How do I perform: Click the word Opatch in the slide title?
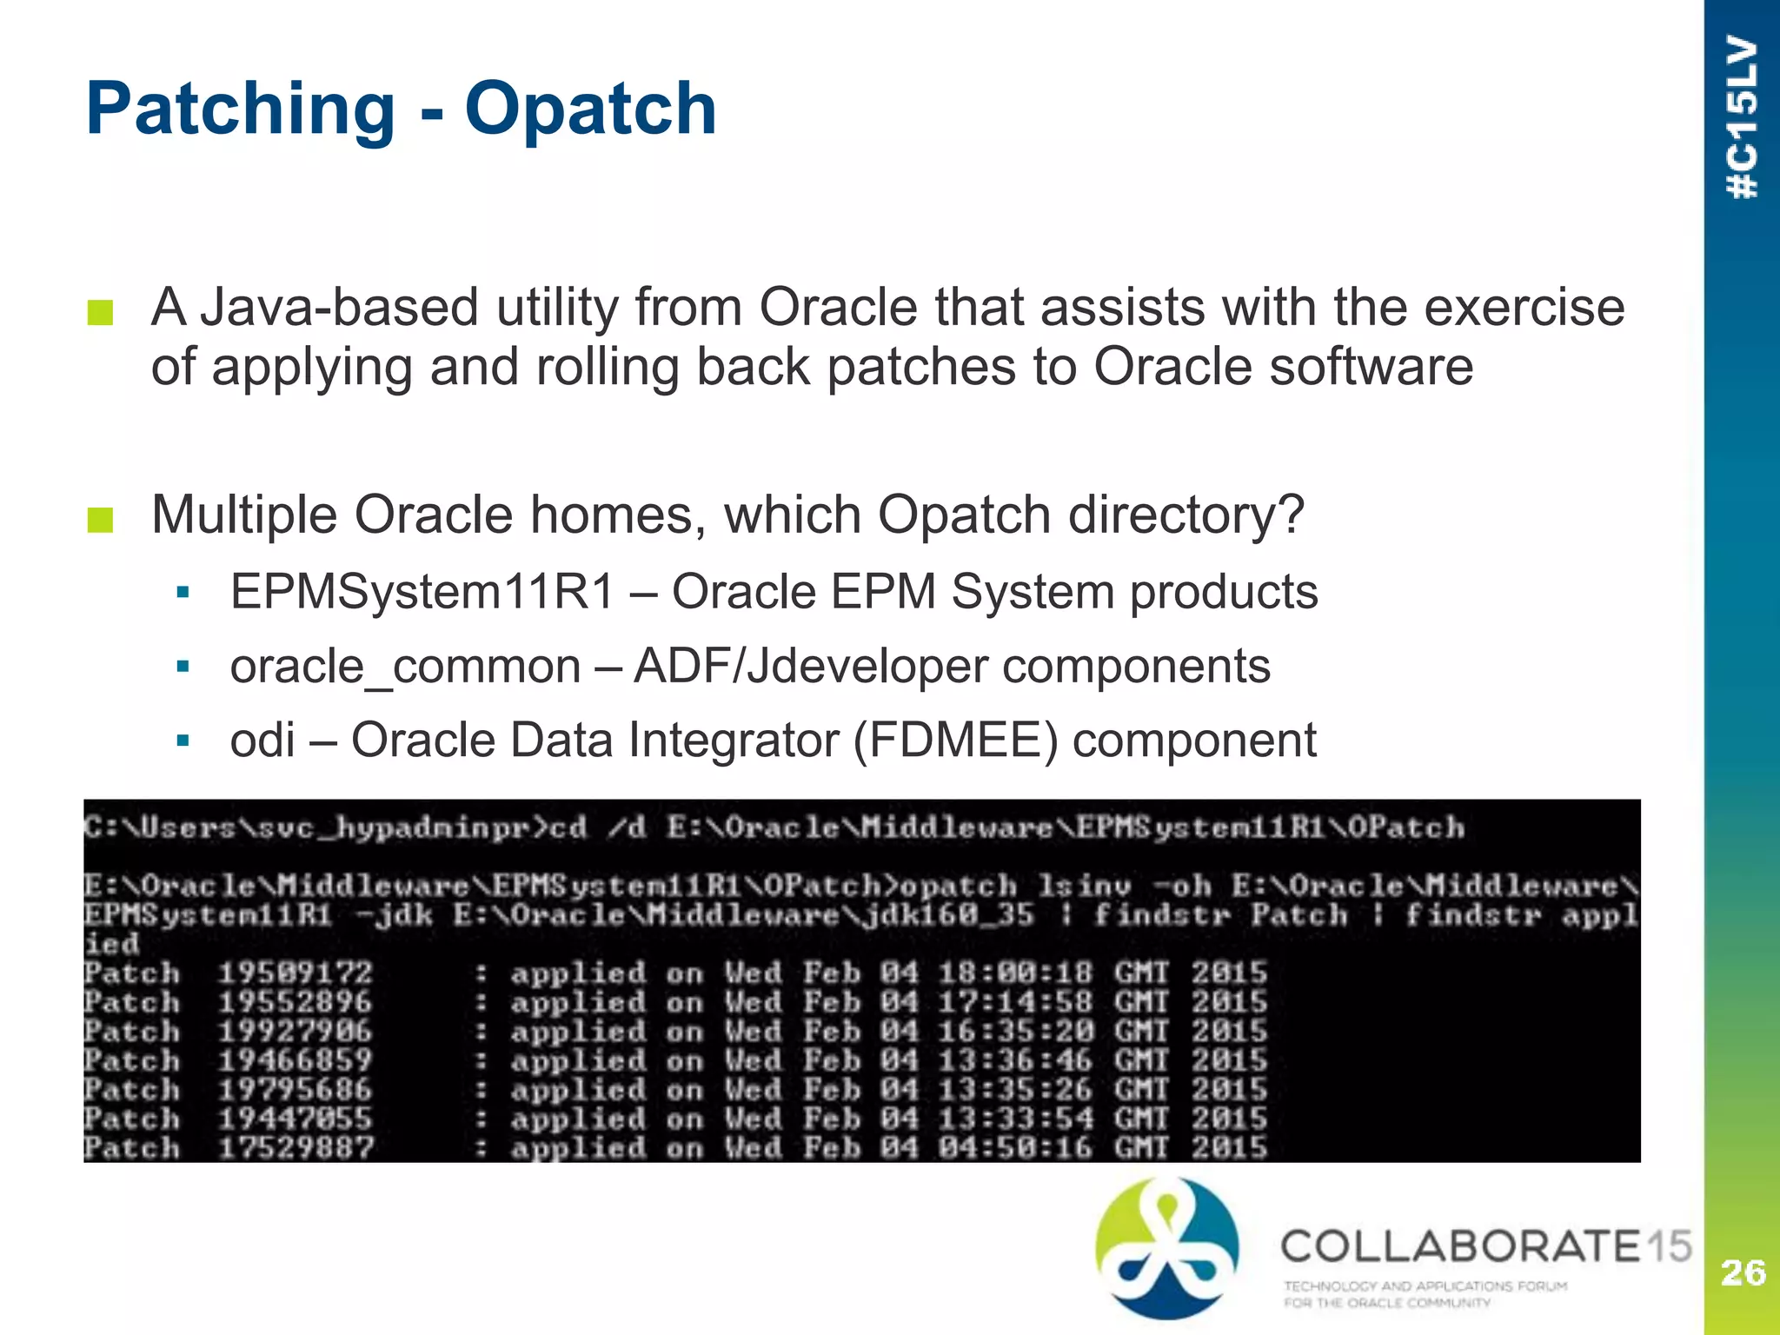[x=590, y=110]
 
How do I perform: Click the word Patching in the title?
[x=241, y=110]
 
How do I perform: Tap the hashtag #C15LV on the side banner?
[x=1743, y=117]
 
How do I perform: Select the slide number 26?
[x=1743, y=1272]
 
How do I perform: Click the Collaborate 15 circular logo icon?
[x=1167, y=1246]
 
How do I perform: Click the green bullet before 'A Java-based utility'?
[x=101, y=312]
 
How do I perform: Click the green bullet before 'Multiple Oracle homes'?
[x=101, y=519]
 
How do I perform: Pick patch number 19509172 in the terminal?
[x=295, y=973]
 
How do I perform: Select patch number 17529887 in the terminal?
[x=295, y=1148]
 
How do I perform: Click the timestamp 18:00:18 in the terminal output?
[x=1015, y=973]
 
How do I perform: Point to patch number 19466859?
[x=295, y=1060]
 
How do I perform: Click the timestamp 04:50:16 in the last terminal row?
[x=1015, y=1148]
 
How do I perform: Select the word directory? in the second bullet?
[x=1186, y=515]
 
